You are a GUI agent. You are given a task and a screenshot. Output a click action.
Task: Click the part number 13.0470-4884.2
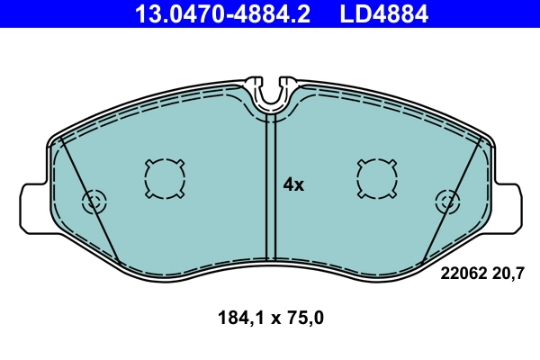click(223, 14)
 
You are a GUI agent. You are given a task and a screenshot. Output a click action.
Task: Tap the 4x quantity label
click(294, 185)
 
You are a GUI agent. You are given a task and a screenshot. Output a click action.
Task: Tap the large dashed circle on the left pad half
click(164, 177)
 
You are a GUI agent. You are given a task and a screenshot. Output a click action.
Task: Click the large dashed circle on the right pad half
click(376, 177)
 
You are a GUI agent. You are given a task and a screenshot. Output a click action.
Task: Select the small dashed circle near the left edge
click(94, 202)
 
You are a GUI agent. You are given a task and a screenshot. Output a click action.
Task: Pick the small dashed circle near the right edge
click(445, 202)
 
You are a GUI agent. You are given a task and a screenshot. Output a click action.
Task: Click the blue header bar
click(72, 14)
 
